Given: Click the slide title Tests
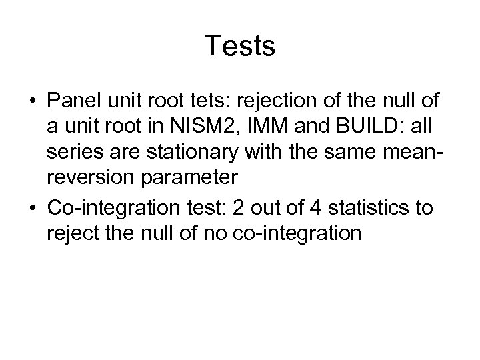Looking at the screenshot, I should (x=240, y=46).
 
